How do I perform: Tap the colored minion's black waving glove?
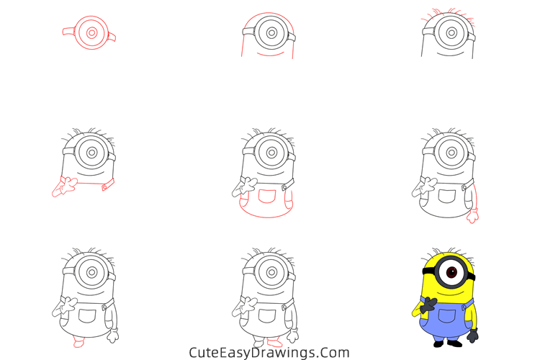425,307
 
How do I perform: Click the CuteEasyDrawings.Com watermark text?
269,353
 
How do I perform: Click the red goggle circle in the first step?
91,33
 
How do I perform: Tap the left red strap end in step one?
68,30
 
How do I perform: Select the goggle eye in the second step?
271,32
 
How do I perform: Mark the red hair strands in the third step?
450,12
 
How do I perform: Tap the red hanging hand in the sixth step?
472,215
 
